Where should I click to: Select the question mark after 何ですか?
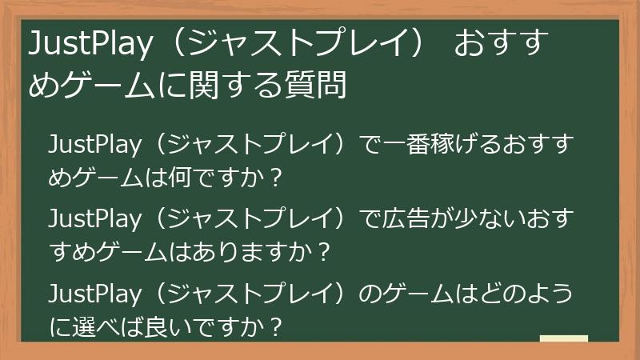pos(276,178)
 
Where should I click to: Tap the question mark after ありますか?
pos(323,251)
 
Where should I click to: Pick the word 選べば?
pos(103,325)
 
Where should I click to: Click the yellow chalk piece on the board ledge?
pos(563,337)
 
